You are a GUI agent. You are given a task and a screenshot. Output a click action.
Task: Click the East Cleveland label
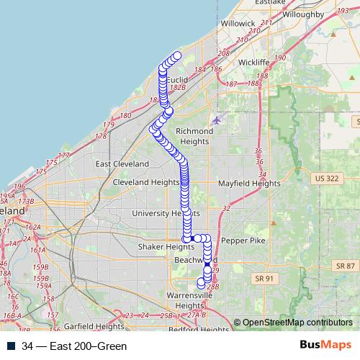point(122,164)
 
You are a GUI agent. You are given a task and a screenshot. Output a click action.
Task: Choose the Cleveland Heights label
point(146,183)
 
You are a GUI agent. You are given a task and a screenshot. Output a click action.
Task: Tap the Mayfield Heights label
point(249,184)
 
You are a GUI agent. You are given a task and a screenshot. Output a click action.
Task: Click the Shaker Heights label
point(166,247)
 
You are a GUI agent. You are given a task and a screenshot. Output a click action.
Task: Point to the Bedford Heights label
point(198,330)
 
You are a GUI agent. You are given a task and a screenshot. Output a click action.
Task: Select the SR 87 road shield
point(346,266)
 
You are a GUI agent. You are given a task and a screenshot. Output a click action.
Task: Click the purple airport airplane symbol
point(217,119)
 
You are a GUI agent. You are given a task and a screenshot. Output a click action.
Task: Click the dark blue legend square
point(12,346)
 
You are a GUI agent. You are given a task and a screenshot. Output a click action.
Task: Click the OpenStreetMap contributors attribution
point(297,322)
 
